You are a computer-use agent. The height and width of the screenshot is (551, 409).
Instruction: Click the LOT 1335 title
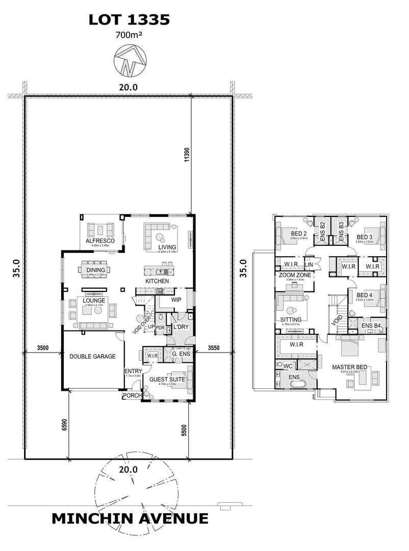tap(129, 20)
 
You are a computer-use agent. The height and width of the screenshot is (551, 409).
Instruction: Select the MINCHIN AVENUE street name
tap(130, 519)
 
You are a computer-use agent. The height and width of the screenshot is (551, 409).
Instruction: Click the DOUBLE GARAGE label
tap(93, 357)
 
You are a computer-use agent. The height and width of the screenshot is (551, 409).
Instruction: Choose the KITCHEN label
tap(158, 281)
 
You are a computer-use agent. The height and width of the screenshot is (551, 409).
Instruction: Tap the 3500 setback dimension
tap(42, 348)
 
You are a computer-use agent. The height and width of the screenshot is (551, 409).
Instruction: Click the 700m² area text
tap(129, 36)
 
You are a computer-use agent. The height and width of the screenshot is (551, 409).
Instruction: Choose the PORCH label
tap(131, 395)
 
